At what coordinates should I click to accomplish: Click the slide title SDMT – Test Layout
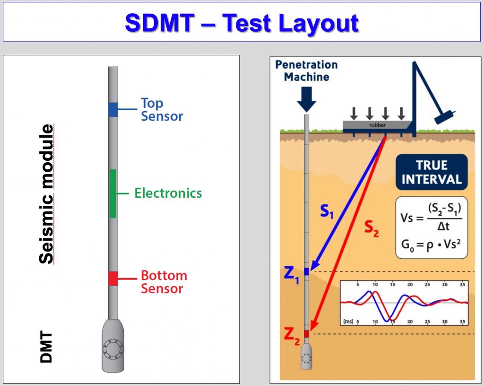point(242,22)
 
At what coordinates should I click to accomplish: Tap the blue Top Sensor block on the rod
point(113,109)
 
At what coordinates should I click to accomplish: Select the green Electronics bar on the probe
point(113,193)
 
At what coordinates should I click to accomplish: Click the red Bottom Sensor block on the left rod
point(113,279)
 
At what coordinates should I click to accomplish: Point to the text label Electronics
point(168,193)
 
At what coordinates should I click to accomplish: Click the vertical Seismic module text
point(47,194)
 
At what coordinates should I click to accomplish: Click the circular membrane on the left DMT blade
point(113,350)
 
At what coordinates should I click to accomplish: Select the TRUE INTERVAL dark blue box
point(432,172)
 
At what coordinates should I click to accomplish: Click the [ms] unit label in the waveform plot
point(348,321)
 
